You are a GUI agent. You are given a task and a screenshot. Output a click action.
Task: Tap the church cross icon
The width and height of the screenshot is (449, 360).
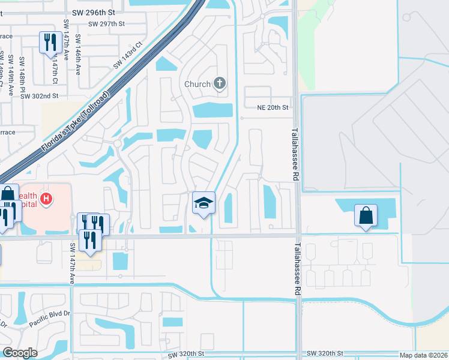[x=220, y=83]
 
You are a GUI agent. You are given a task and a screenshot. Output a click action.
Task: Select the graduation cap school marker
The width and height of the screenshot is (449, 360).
[x=203, y=203]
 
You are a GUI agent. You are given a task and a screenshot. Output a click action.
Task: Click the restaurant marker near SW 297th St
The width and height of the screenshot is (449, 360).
[x=49, y=42]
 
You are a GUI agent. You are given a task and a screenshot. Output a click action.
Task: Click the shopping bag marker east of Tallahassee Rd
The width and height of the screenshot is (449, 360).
[x=366, y=215]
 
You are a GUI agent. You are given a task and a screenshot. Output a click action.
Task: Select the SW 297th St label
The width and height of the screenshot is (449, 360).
[x=106, y=24]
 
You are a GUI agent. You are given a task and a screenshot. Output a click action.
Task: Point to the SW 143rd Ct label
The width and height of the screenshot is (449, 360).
[x=127, y=56]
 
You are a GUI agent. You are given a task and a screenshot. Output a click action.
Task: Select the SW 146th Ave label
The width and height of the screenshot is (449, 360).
[x=78, y=55]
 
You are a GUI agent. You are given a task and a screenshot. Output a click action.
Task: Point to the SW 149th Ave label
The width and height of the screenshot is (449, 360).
[x=11, y=75]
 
